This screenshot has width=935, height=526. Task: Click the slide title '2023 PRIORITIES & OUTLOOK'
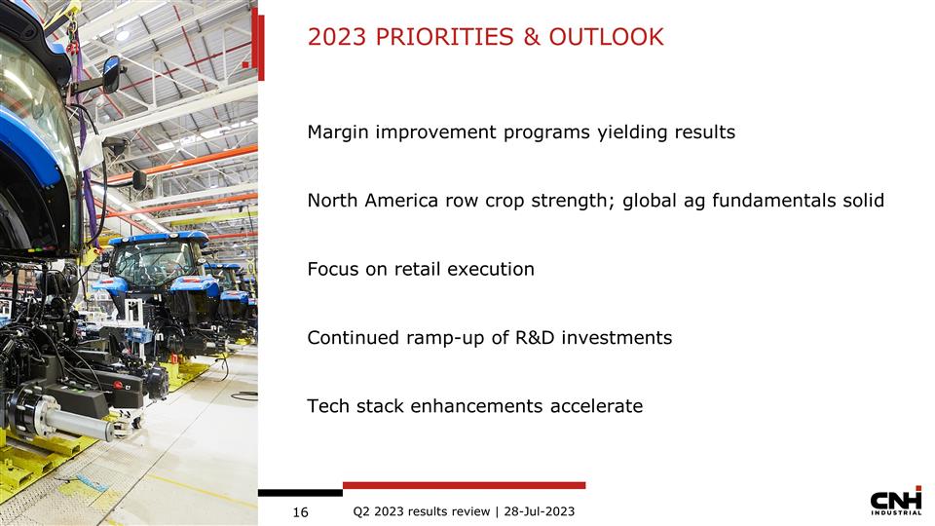(485, 38)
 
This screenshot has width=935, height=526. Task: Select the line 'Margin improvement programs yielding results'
(521, 131)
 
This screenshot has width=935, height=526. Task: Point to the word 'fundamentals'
(776, 201)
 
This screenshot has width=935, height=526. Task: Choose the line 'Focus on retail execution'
(421, 269)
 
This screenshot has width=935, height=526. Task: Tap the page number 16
(300, 512)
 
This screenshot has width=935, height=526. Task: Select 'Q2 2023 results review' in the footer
(421, 511)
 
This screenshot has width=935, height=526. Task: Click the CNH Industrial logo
(895, 502)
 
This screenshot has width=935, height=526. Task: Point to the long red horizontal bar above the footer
(464, 485)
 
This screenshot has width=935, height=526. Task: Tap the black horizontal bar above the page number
(300, 493)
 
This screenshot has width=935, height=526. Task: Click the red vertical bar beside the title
(258, 44)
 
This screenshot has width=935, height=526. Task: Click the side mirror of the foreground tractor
(111, 73)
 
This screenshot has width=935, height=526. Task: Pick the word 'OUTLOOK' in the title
(606, 38)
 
